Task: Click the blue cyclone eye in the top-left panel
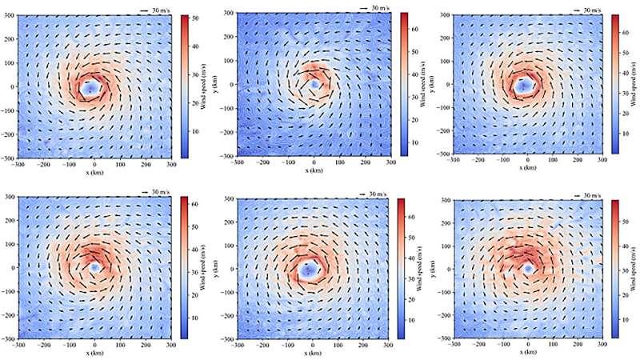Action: [x=91, y=86]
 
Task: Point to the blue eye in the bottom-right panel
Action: [x=529, y=268]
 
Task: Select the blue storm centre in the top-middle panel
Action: [x=314, y=83]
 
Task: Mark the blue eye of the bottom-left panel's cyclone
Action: [x=94, y=267]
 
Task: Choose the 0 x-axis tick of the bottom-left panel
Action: [x=94, y=344]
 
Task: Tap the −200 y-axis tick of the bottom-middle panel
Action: [x=227, y=315]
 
